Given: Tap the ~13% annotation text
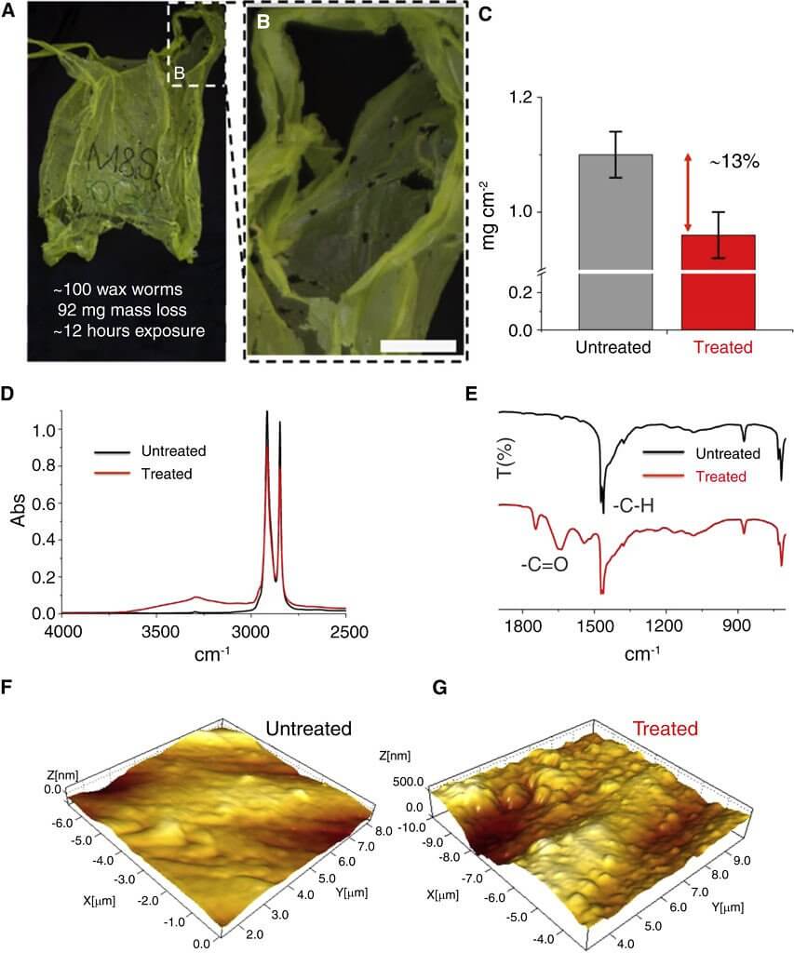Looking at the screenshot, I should click(734, 161).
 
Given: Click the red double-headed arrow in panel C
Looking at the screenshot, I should click(688, 194).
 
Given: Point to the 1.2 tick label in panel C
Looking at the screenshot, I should click(528, 99).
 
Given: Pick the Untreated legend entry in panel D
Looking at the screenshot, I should click(173, 451).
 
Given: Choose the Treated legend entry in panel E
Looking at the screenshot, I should click(720, 476).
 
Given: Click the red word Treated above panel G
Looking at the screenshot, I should click(665, 728).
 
